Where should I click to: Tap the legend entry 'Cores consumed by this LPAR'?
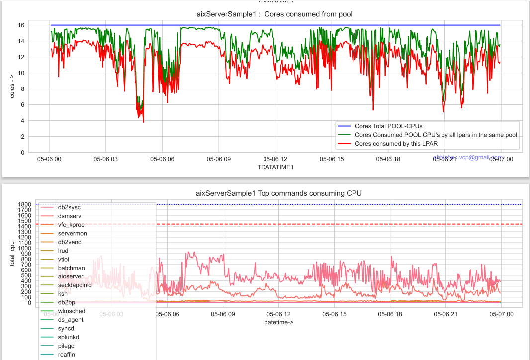[x=396, y=144]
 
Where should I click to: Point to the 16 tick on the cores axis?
[x=21, y=25]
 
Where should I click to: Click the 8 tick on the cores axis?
[x=22, y=89]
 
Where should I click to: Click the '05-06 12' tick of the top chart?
[x=275, y=159]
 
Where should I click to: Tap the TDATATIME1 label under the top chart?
[x=275, y=167]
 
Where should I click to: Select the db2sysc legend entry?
[x=69, y=207]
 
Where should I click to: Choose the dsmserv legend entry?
[x=70, y=216]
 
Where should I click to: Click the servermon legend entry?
[x=73, y=233]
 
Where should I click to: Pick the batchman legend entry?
[x=71, y=268]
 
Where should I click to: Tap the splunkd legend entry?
[x=69, y=337]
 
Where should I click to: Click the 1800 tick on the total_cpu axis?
[x=26, y=204]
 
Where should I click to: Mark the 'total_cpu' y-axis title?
[x=13, y=254]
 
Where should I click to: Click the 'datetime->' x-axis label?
[x=278, y=322]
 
